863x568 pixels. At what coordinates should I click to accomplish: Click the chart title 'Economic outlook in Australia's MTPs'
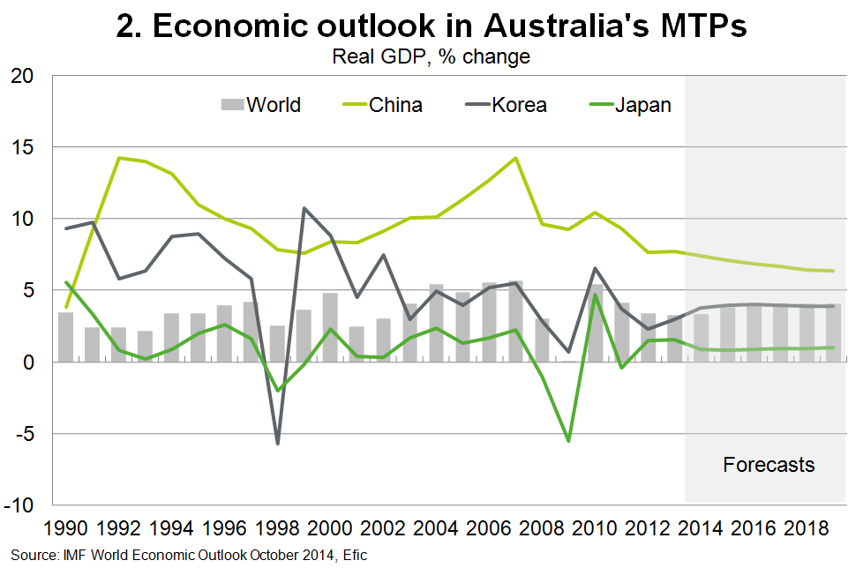click(x=431, y=26)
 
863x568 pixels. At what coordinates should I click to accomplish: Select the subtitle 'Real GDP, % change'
click(x=431, y=57)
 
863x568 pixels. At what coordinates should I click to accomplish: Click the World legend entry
click(x=259, y=105)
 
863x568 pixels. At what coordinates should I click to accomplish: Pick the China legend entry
click(x=380, y=105)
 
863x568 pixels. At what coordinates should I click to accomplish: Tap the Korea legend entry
click(x=504, y=105)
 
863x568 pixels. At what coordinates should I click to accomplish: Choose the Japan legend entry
click(x=628, y=105)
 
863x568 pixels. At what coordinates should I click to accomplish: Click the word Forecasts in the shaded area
click(x=769, y=465)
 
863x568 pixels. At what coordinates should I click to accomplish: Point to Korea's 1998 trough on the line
click(x=277, y=443)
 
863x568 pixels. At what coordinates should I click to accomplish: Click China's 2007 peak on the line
click(x=515, y=158)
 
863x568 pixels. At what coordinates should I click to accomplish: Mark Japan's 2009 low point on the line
click(x=568, y=440)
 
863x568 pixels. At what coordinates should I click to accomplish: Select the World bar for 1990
click(x=65, y=337)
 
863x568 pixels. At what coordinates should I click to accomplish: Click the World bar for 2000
click(x=330, y=327)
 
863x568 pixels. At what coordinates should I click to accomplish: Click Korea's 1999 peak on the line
click(x=304, y=208)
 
